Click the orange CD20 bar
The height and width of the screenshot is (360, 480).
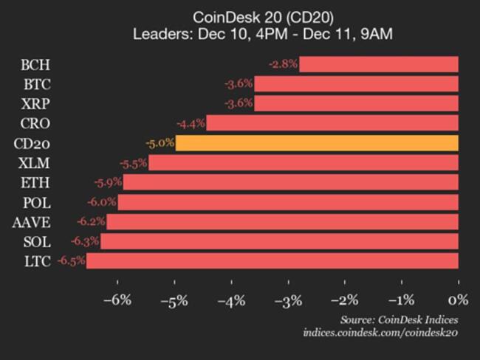click(317, 142)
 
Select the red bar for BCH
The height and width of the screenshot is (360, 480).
click(379, 64)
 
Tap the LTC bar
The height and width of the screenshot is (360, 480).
click(272, 260)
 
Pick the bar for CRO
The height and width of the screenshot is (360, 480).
click(332, 122)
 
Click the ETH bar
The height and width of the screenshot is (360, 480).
click(291, 181)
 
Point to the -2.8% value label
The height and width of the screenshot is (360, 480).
click(283, 64)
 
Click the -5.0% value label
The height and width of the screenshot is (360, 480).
click(160, 142)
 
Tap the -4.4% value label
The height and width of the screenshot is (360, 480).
click(191, 122)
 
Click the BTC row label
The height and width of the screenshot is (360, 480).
click(36, 83)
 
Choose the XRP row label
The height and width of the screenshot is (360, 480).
click(36, 103)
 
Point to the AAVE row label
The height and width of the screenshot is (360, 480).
click(31, 221)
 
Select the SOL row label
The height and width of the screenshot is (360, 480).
click(36, 240)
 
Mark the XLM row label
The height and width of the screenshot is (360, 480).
click(35, 162)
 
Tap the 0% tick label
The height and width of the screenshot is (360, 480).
click(459, 300)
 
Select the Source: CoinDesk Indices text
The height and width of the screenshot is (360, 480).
click(399, 319)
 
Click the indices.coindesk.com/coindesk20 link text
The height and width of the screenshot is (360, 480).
click(380, 333)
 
